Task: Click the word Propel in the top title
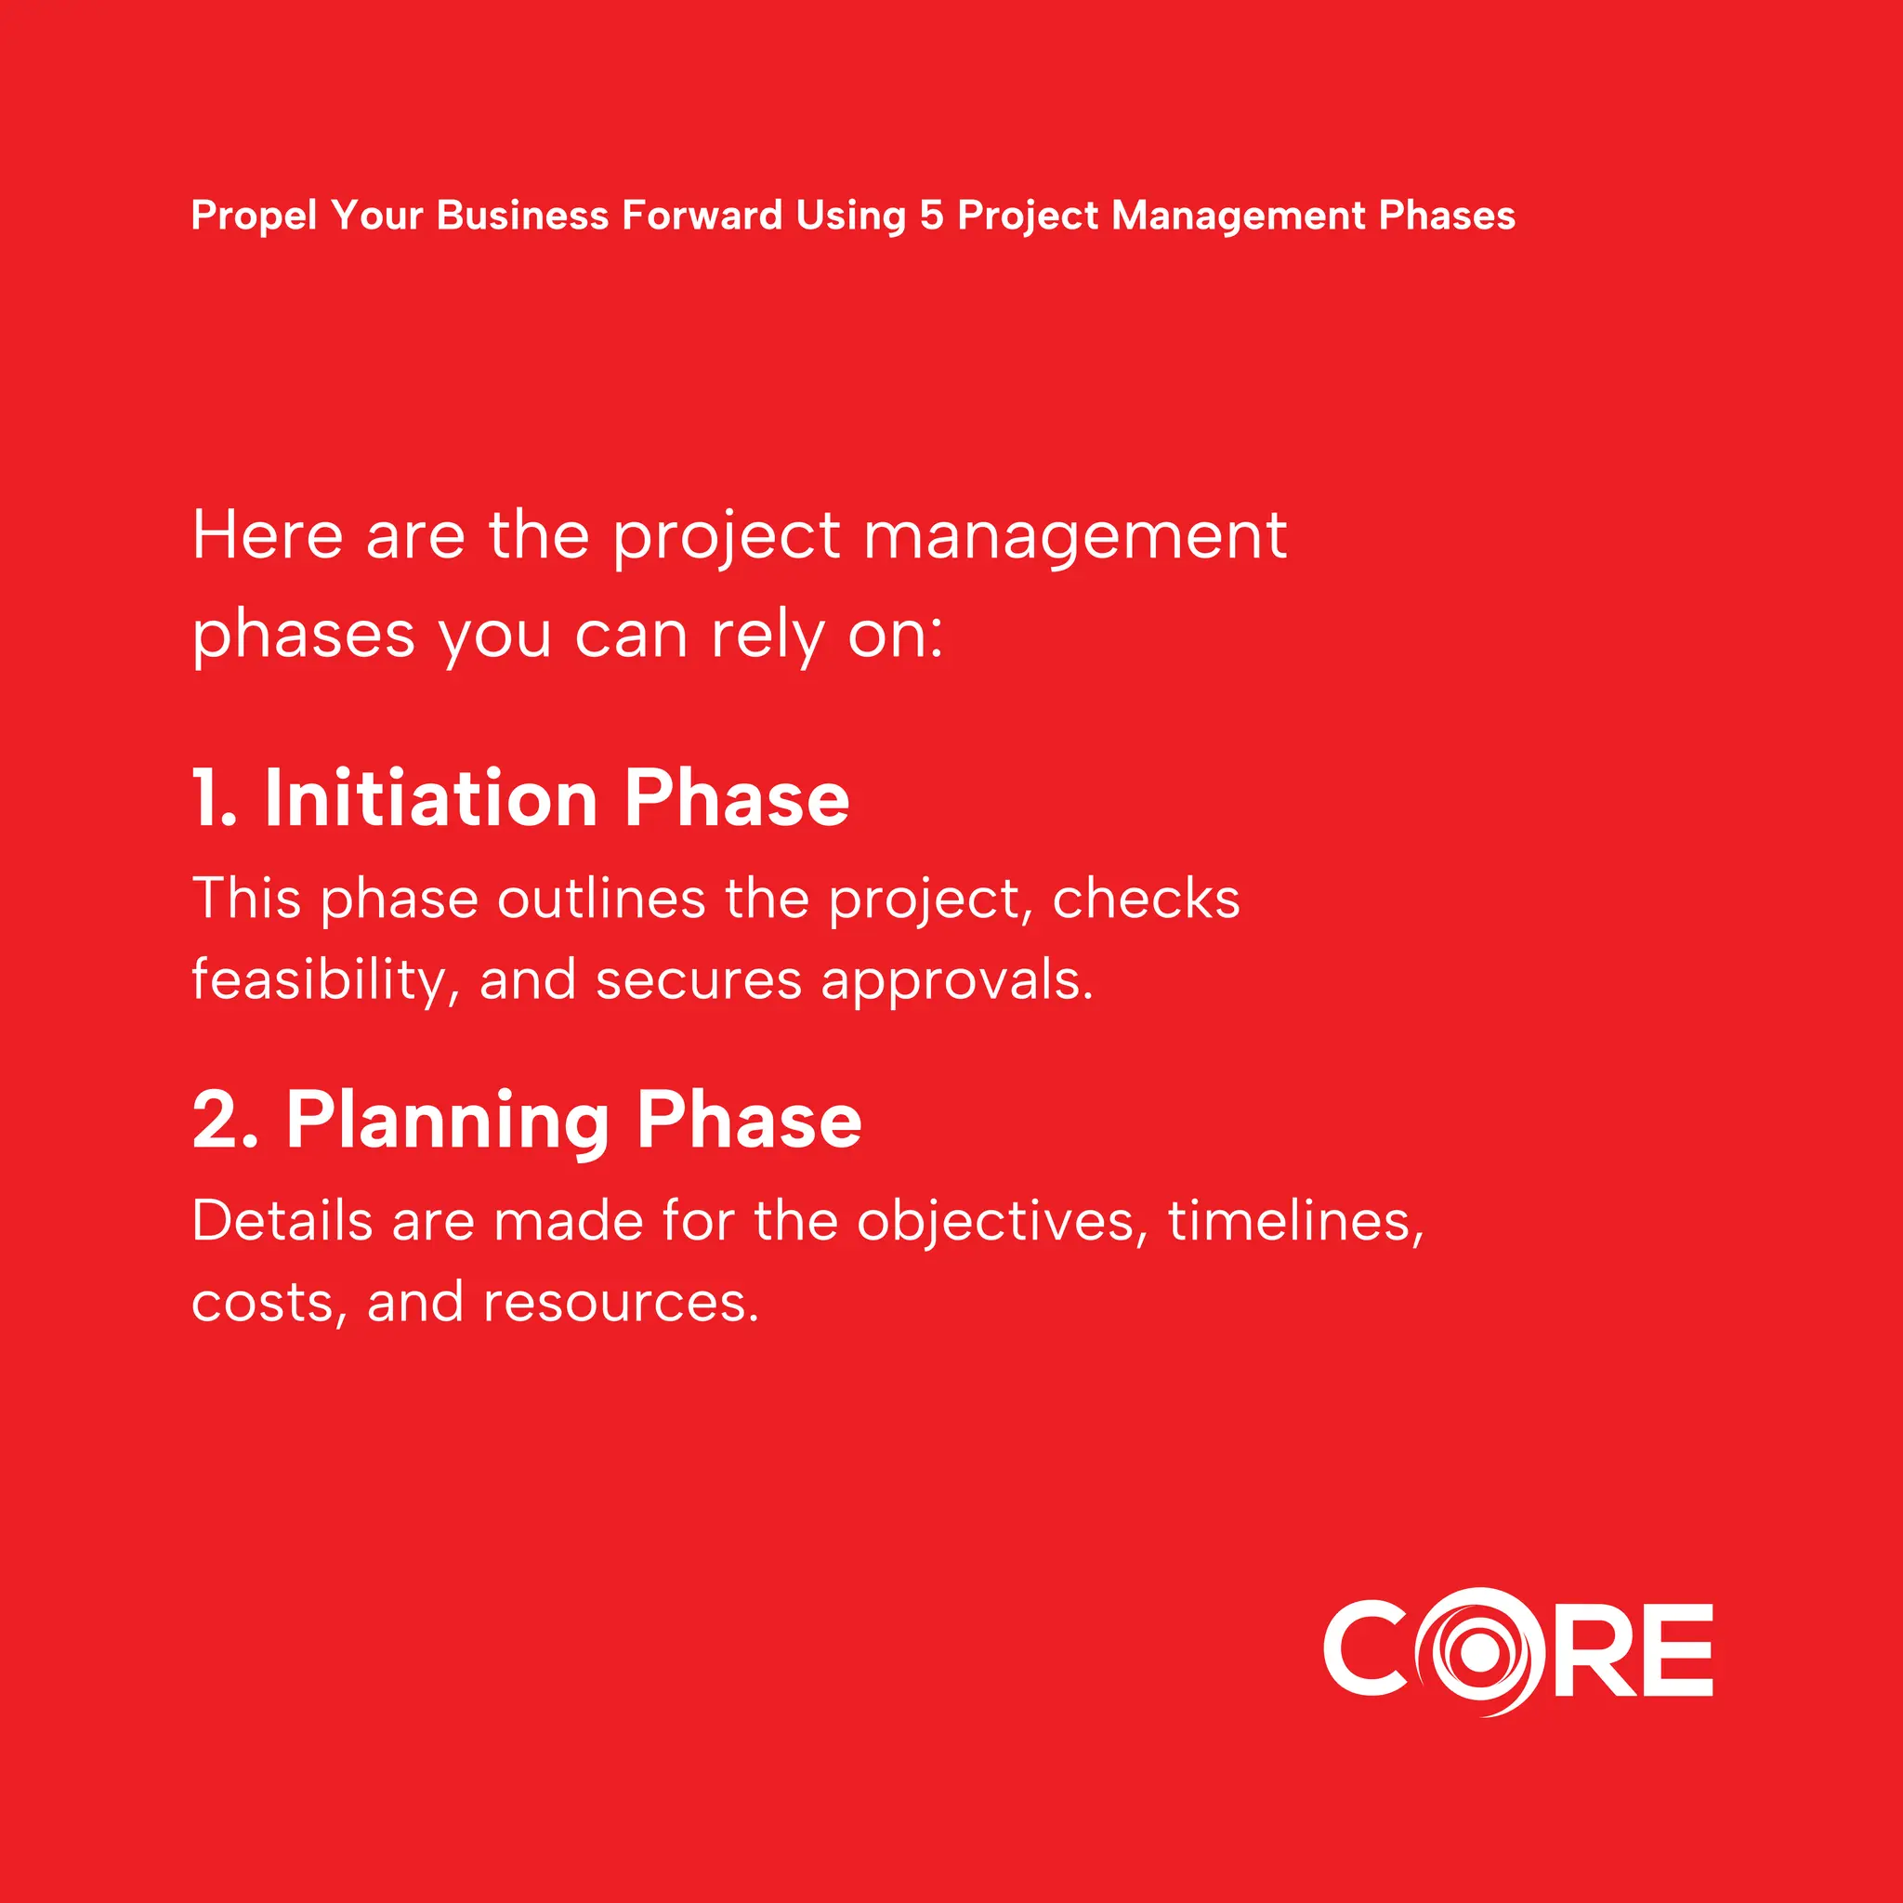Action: point(254,217)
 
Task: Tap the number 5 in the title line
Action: point(931,216)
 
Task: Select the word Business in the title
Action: point(522,216)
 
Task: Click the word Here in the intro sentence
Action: point(268,536)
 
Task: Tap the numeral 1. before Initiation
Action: point(214,798)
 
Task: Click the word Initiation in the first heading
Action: point(431,798)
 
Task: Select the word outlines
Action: point(601,899)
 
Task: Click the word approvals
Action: point(956,981)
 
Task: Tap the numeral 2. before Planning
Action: point(225,1120)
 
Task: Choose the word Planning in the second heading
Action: point(448,1122)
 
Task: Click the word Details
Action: point(282,1221)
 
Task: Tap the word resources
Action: point(621,1303)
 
